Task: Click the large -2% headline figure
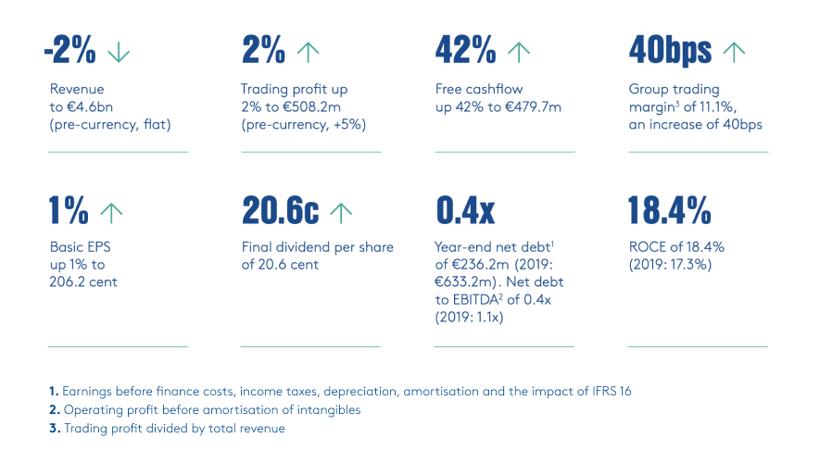click(x=70, y=51)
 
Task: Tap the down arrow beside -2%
click(x=119, y=53)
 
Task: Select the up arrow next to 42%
click(x=519, y=53)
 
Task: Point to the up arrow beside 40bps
click(x=734, y=53)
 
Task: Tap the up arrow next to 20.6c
click(x=341, y=212)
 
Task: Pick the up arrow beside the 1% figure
click(x=111, y=212)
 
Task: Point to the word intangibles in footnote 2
click(x=326, y=409)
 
